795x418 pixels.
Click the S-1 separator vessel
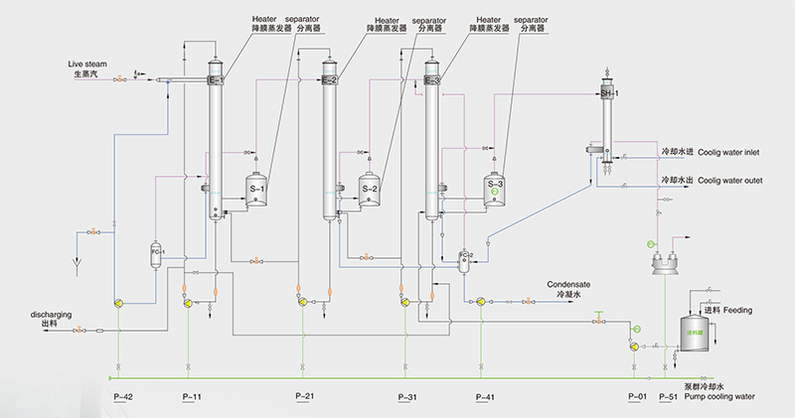click(259, 189)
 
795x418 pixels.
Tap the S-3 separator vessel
click(496, 186)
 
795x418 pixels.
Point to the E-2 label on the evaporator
click(330, 79)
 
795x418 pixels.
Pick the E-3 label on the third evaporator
click(432, 79)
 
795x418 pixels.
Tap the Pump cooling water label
click(718, 396)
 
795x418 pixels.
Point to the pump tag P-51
click(668, 397)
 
